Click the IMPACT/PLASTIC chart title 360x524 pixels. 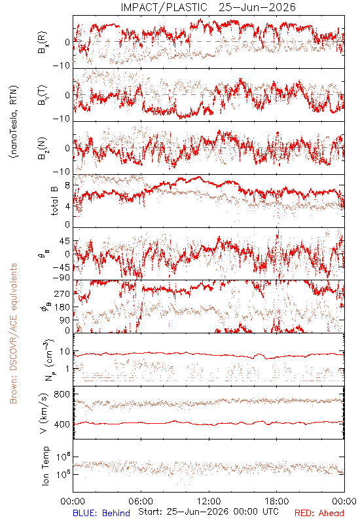(208, 7)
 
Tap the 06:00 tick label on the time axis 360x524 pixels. (141, 502)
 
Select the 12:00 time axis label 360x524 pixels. (209, 502)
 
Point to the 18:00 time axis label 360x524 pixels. (277, 502)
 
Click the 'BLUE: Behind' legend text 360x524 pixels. (101, 513)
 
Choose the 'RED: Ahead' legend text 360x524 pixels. (319, 513)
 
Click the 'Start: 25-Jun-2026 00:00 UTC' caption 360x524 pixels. (208, 512)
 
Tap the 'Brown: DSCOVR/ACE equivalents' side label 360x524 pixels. (13, 333)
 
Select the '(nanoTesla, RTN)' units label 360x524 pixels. (14, 121)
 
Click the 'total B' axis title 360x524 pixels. (54, 201)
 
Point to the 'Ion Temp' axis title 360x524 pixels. (45, 466)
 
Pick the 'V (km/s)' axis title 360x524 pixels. (44, 413)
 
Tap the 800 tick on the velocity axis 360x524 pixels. (62, 394)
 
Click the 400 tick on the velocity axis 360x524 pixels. (62, 424)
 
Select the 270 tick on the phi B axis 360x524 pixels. (62, 293)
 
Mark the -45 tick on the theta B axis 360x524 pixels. (61, 267)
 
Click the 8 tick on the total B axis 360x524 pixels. (67, 186)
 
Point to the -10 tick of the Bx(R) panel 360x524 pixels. (61, 65)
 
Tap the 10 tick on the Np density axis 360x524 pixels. (65, 352)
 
